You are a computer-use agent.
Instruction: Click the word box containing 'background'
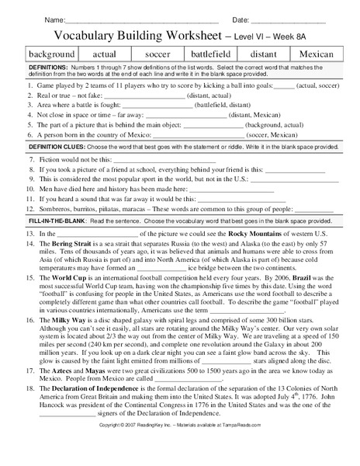click(52, 54)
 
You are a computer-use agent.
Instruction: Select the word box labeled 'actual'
click(104, 54)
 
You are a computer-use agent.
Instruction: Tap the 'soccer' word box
click(157, 54)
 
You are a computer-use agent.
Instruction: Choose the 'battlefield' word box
click(211, 54)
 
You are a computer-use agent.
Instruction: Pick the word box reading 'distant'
click(264, 54)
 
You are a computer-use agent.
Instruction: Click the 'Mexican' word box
click(316, 54)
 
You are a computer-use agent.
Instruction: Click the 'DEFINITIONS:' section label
click(48, 68)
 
